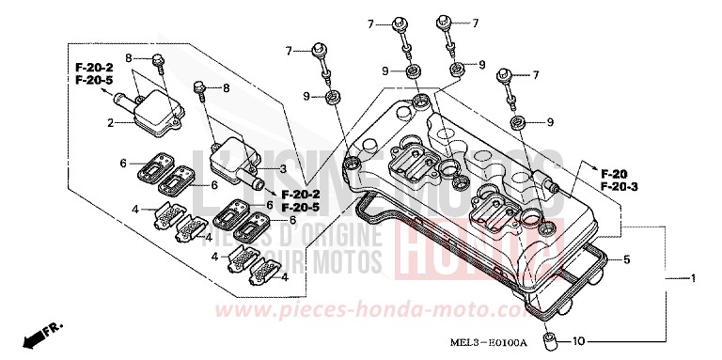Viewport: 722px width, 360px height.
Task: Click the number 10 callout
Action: tap(579, 340)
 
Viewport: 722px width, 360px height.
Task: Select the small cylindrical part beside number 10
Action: tap(550, 338)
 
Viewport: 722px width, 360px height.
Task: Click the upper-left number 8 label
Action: tap(129, 58)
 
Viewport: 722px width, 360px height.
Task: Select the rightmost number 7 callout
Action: tap(535, 75)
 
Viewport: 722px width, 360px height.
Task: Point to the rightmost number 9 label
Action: tap(550, 122)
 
